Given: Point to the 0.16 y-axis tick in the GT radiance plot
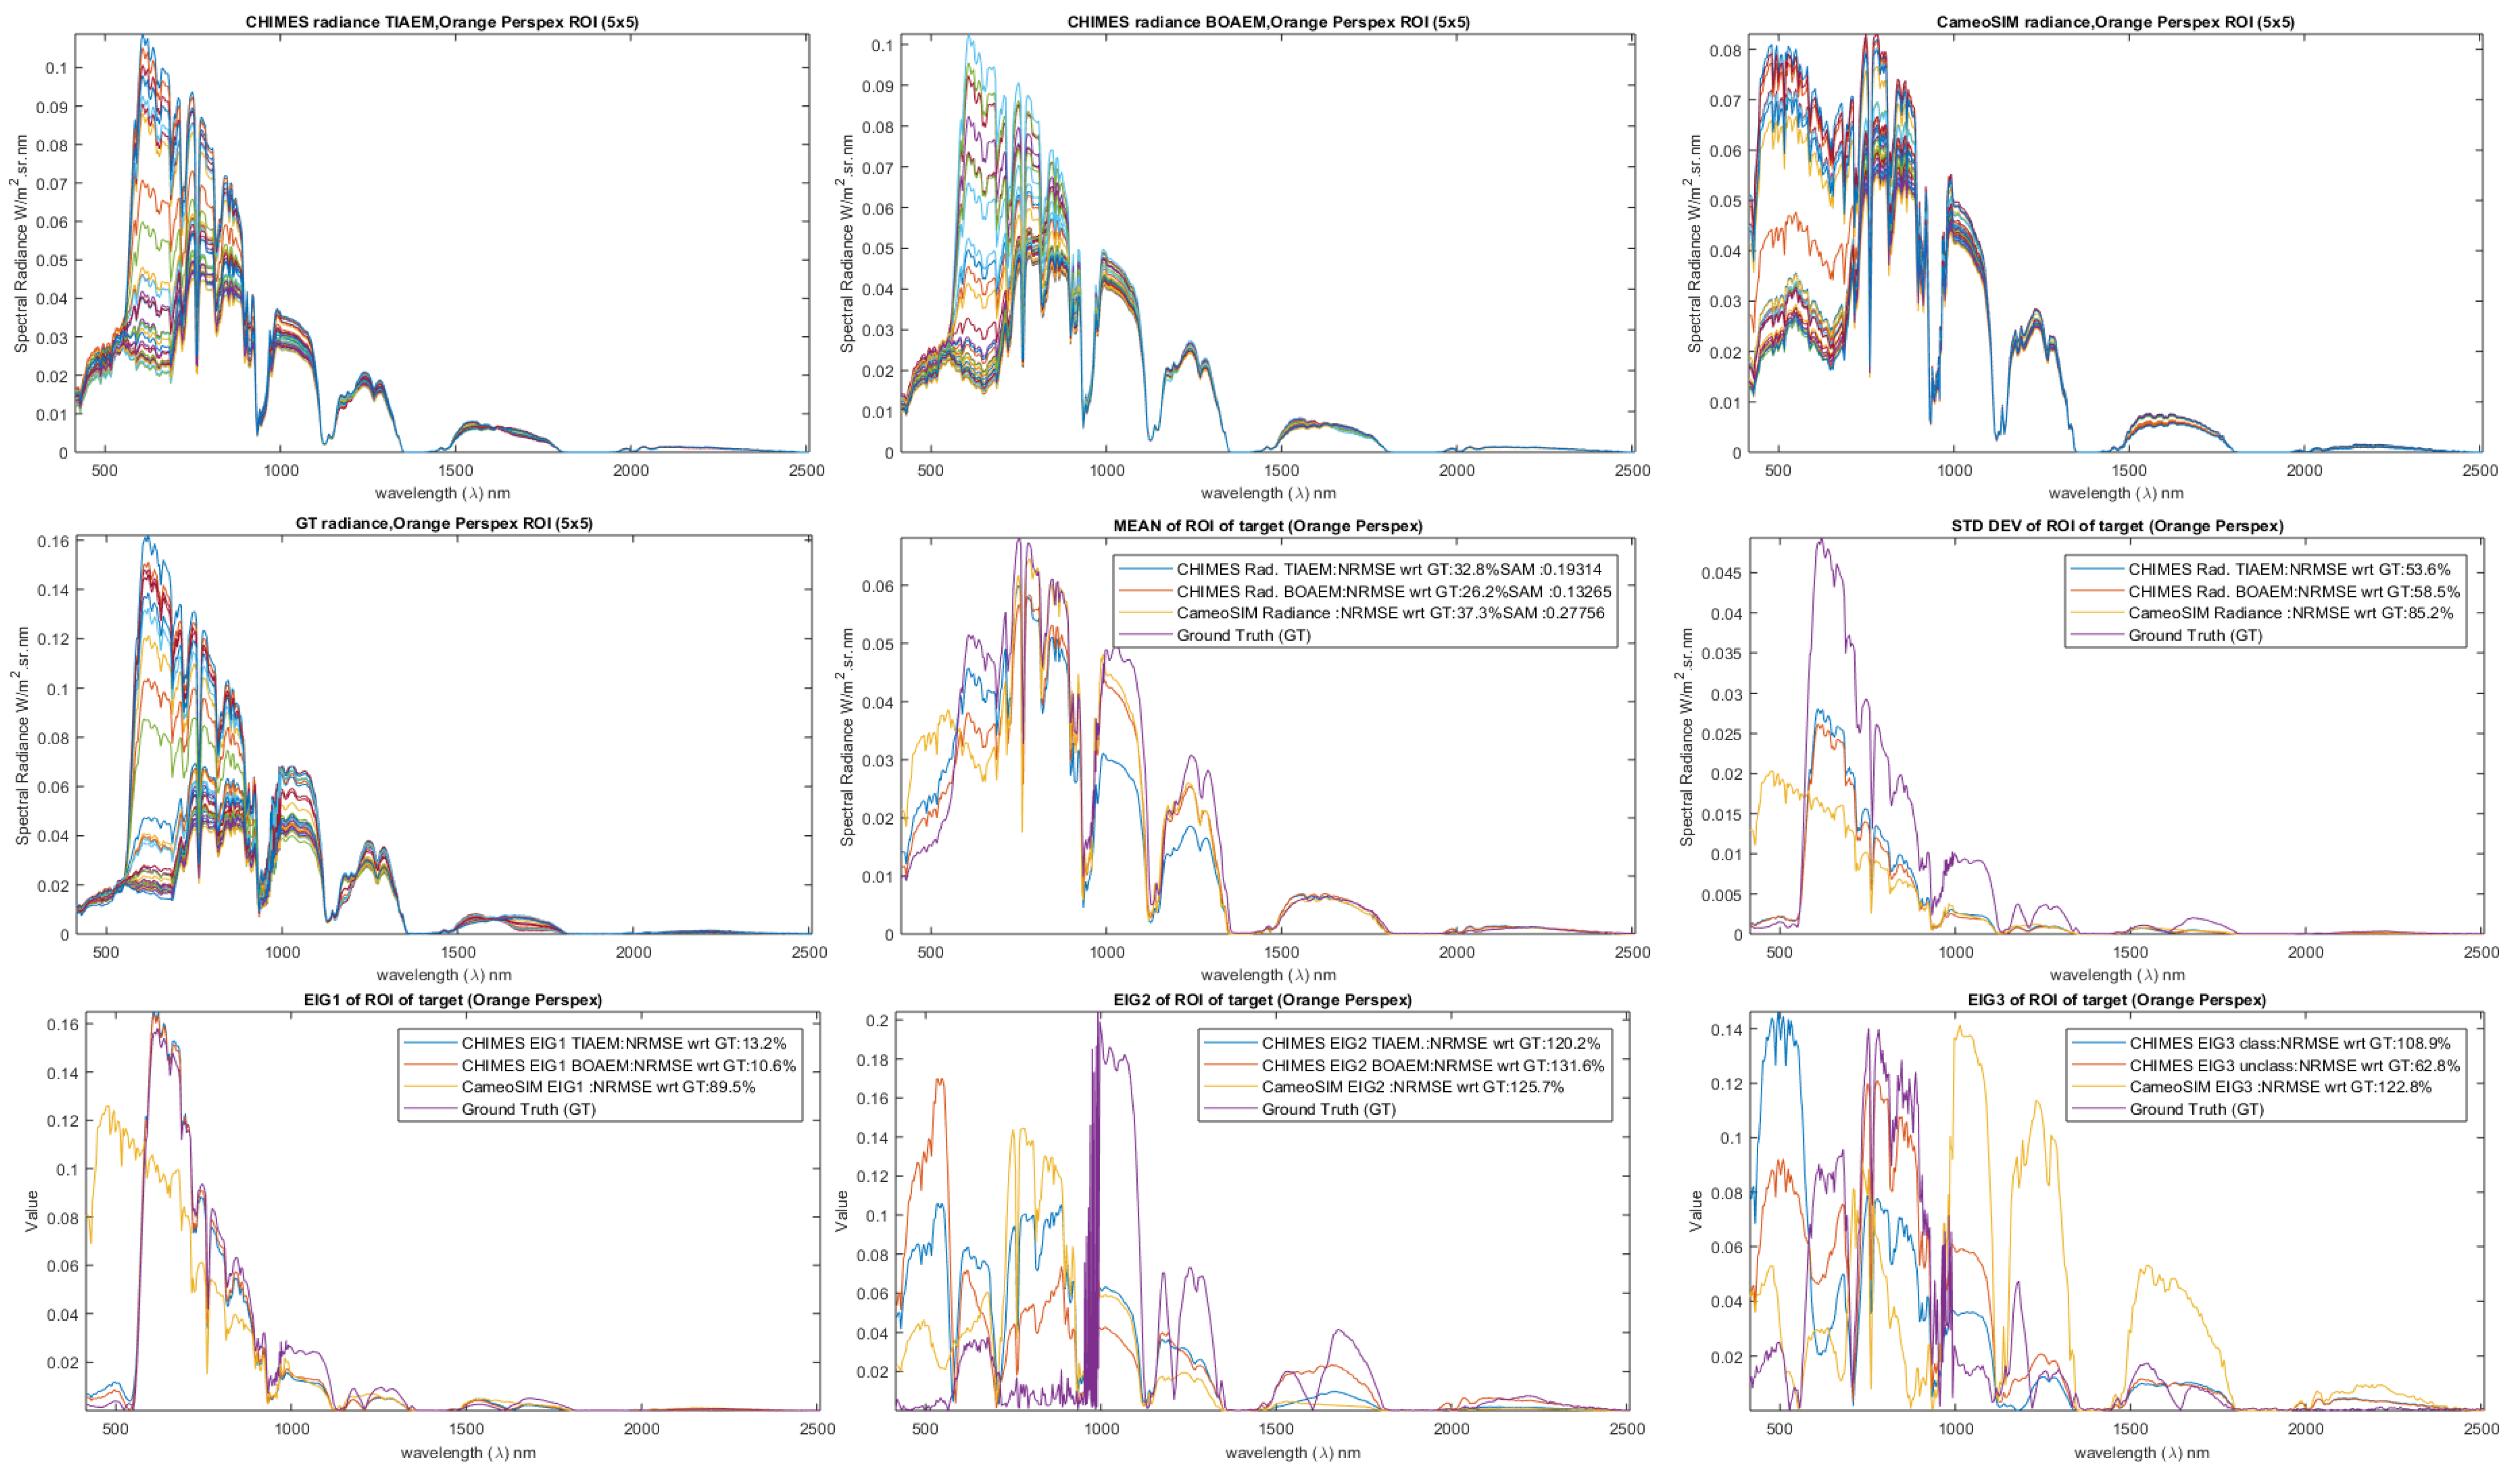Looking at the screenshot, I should (x=54, y=542).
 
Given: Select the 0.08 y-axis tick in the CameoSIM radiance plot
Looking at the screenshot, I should (x=1725, y=51).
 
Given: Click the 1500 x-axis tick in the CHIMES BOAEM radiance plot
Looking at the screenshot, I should (x=1282, y=471).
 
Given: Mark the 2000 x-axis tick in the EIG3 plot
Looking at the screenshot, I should (x=2306, y=1429).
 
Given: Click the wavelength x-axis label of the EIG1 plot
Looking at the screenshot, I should (x=468, y=1453).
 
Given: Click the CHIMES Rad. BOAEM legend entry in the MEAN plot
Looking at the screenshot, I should (x=1393, y=592).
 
